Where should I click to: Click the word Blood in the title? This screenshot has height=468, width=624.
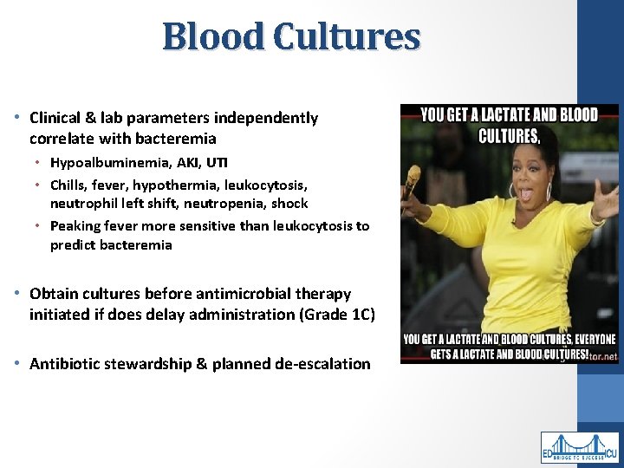(213, 36)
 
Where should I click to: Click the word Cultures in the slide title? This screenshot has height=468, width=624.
(347, 36)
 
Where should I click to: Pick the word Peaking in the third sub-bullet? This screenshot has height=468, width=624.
(75, 226)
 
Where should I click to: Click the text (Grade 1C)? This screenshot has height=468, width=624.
(337, 315)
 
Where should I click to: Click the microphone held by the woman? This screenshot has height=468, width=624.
(413, 177)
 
